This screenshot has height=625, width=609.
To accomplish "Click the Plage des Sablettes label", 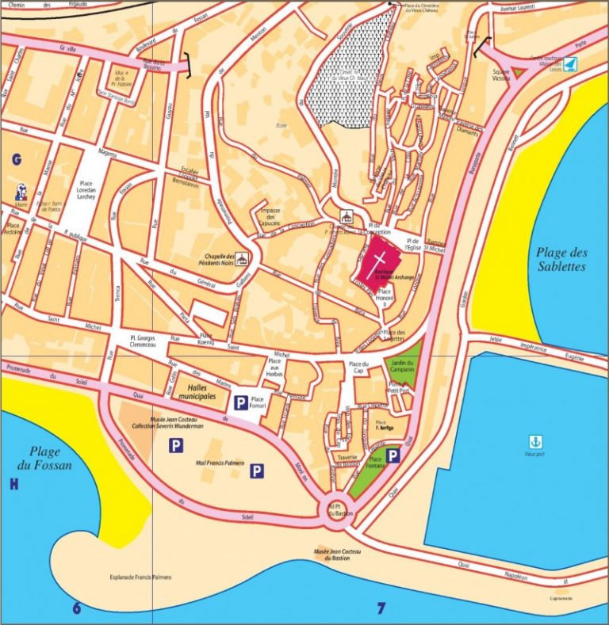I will (560, 259).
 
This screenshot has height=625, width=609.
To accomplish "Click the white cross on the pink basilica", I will (379, 262).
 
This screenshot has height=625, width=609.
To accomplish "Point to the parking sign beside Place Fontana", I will (393, 457).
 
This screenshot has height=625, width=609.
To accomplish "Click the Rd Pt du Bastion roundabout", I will (339, 509).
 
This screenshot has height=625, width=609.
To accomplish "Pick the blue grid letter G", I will (15, 160).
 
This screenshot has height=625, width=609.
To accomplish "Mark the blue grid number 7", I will (381, 608).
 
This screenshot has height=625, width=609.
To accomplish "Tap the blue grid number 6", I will (76, 608).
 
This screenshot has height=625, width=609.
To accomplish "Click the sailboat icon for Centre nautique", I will (570, 60).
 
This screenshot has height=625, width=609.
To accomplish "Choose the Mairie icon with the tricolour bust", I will (21, 192).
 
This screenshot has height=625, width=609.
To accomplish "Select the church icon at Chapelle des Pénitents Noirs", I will (243, 258).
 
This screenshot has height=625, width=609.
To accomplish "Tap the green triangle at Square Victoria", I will (517, 72).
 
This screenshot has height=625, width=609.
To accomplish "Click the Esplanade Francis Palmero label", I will (140, 577).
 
